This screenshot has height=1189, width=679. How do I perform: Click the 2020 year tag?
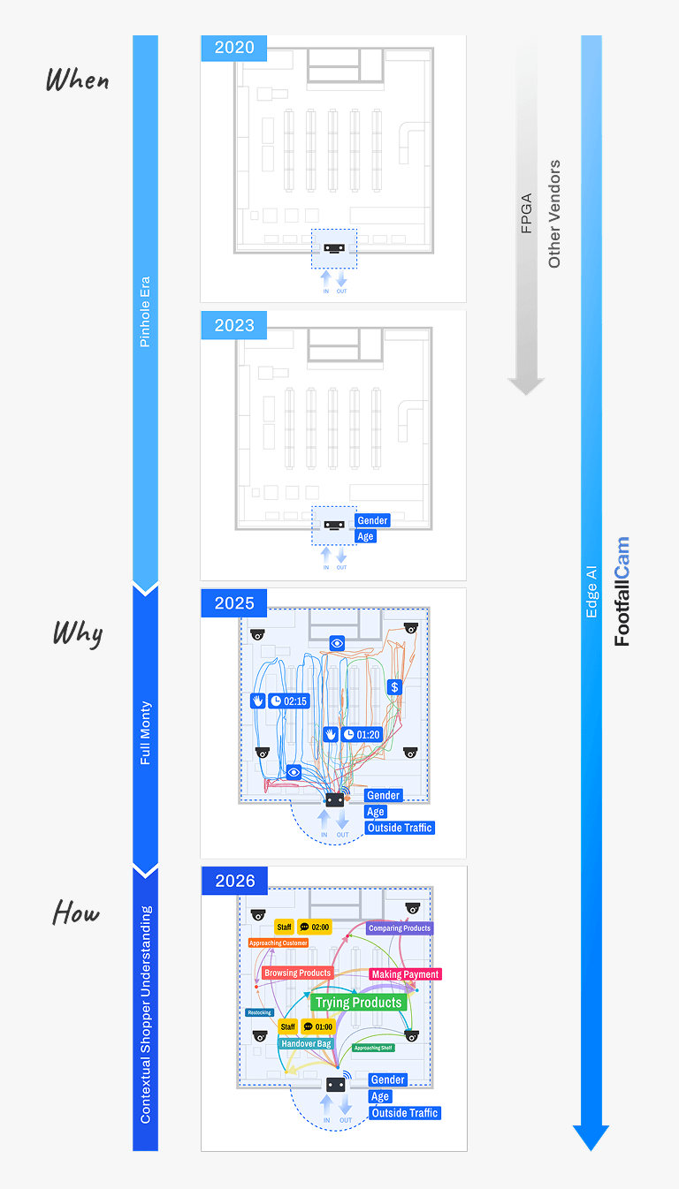click(234, 48)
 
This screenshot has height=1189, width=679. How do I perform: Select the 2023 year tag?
click(234, 325)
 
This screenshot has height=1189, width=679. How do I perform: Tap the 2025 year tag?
click(234, 603)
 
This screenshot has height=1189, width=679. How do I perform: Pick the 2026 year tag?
click(234, 881)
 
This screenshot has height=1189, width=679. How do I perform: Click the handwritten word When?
click(78, 80)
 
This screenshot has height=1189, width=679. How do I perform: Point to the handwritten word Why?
click(78, 633)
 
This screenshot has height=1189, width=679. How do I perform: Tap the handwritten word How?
click(76, 913)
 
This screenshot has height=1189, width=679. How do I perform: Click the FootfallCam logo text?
click(622, 592)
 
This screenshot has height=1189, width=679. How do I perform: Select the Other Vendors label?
click(554, 214)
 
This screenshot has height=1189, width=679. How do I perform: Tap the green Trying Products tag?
click(358, 1003)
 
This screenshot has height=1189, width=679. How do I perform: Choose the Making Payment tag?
click(405, 974)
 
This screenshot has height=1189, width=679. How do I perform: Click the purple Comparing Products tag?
click(400, 928)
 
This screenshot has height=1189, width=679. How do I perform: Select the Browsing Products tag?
click(297, 973)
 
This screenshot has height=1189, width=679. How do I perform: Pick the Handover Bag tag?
click(306, 1043)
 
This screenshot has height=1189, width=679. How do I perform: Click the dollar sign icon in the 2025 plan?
click(395, 686)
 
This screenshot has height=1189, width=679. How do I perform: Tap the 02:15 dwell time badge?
click(289, 701)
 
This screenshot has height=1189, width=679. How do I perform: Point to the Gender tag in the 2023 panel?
click(372, 521)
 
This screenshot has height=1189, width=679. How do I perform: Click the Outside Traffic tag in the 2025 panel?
click(400, 828)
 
